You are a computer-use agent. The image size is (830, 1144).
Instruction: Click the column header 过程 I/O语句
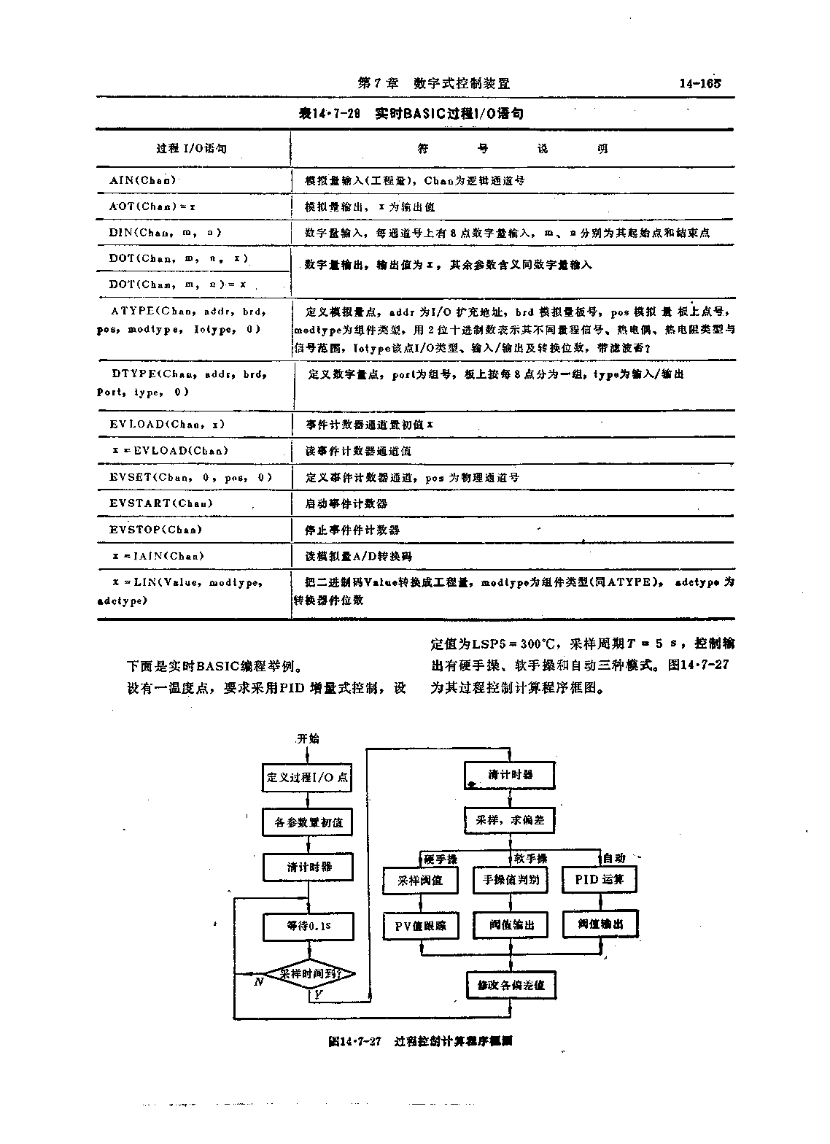click(191, 149)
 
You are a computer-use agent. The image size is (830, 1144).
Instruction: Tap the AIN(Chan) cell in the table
click(143, 180)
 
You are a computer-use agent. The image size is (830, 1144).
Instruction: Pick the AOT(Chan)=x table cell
click(152, 206)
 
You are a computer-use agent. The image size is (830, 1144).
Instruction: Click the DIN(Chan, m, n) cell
click(165, 233)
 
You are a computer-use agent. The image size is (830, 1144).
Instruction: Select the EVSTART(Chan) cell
click(161, 503)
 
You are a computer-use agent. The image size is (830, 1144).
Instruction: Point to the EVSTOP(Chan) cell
click(155, 530)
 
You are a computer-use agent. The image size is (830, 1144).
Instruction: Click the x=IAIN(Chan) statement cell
click(158, 556)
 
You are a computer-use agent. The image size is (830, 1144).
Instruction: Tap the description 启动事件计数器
click(346, 503)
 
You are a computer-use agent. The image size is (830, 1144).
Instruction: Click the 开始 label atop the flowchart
click(308, 738)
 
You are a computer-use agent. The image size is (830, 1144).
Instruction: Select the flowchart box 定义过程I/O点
click(307, 777)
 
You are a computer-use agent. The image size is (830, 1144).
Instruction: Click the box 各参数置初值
click(308, 822)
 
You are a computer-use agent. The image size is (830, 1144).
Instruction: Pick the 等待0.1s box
click(309, 926)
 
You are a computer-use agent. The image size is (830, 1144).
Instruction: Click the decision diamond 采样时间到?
click(308, 974)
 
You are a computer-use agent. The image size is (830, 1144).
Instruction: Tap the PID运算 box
click(599, 879)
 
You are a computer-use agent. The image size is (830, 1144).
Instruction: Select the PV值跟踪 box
click(420, 927)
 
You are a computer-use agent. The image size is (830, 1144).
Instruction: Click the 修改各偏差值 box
click(511, 985)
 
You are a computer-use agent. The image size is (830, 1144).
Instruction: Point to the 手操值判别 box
click(510, 880)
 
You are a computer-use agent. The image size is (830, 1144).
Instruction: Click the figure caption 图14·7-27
click(355, 1042)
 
